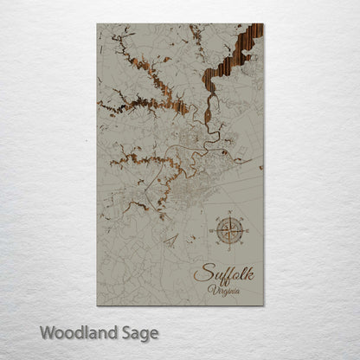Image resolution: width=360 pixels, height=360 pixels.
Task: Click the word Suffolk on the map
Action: pos(222,274)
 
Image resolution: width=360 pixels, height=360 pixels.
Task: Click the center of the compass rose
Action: pos(231,231)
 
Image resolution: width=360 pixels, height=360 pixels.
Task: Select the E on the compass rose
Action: pos(247,231)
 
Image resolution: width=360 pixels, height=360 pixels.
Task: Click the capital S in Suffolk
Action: pos(201,274)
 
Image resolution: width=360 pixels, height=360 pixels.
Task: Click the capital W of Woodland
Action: pos(47,331)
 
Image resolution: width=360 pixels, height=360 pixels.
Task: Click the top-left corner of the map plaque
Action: pos(98,24)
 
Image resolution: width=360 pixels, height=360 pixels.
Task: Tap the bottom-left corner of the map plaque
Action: pos(98,305)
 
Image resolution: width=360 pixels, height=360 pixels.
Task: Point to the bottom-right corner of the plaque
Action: pos(263,305)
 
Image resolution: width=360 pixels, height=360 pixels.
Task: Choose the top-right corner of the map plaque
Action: pos(263,24)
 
